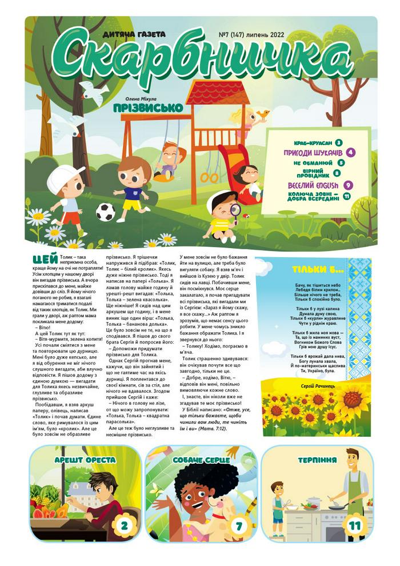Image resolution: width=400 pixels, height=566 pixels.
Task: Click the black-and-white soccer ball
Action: [x=105, y=212]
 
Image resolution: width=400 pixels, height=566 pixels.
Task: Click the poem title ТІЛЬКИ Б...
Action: [x=309, y=269]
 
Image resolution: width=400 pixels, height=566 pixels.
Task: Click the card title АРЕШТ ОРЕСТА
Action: [x=85, y=460]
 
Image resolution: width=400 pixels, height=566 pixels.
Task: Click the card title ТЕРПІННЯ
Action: [x=317, y=460]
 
